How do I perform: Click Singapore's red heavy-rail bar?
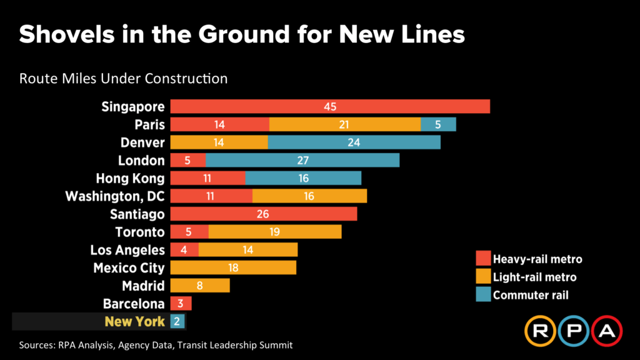330,106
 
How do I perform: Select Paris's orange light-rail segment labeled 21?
345,124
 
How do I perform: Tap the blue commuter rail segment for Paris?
438,124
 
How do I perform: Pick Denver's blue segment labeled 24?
354,142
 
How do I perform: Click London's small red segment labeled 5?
187,161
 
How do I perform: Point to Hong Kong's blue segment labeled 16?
303,178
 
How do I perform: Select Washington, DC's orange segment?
309,196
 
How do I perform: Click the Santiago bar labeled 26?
263,214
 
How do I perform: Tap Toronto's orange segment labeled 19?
275,232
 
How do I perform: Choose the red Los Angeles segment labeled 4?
184,250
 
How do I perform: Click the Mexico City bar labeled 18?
233,268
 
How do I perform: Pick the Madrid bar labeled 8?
200,286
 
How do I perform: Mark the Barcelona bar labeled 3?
181,304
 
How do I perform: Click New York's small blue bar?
177,322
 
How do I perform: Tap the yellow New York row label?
134,322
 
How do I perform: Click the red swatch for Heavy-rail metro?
482,259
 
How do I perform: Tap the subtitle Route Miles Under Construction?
123,79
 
